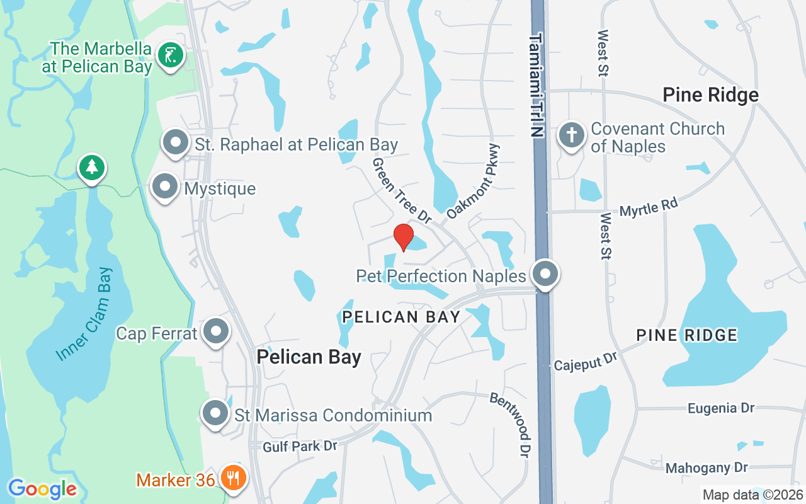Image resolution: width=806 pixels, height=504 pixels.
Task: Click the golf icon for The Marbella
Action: pos(170,55)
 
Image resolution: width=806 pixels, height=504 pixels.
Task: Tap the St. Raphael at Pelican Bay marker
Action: pos(176,143)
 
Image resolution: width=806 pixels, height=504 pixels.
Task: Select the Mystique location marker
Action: pos(165,187)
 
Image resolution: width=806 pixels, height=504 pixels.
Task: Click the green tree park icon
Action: pos(92,168)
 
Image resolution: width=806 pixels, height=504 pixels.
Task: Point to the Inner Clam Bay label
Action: pos(84,314)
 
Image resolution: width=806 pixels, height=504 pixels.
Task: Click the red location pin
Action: pos(403,237)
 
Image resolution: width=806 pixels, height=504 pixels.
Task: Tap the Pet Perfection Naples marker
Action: pos(545,275)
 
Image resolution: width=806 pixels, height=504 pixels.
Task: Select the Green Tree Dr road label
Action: pos(402,190)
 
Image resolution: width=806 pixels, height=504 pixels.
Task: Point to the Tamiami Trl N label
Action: pos(535,85)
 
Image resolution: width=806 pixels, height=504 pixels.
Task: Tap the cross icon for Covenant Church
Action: pos(572,136)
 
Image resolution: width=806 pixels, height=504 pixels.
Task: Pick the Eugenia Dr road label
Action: pos(720,408)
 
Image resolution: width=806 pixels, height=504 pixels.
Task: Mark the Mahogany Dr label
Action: pos(707,467)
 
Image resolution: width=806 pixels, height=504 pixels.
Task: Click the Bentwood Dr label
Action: pos(511,425)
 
